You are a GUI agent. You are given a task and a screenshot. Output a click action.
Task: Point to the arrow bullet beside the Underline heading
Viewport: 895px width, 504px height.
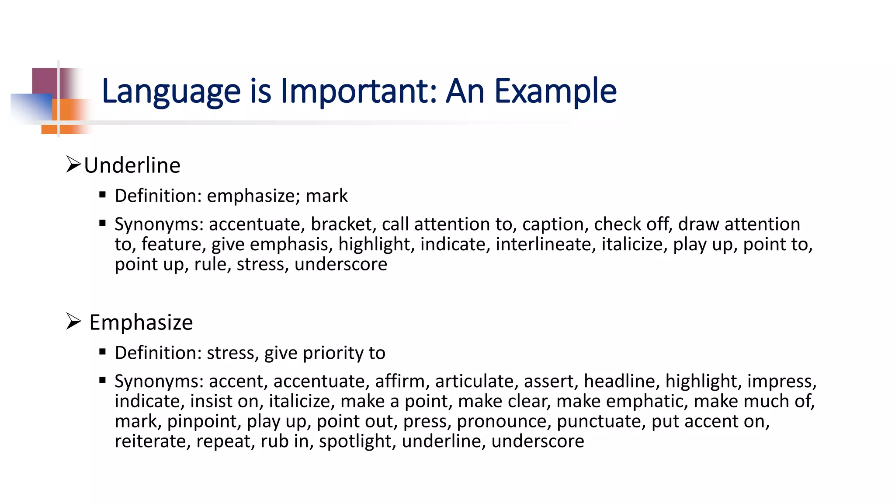(x=73, y=164)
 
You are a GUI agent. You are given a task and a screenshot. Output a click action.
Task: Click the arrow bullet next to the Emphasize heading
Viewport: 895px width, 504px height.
(x=73, y=322)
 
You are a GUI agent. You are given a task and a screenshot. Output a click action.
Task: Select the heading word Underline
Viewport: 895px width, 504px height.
(x=132, y=165)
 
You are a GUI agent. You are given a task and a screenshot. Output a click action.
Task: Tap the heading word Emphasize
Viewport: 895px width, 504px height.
(x=141, y=323)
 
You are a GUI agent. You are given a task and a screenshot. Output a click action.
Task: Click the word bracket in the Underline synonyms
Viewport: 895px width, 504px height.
(x=341, y=224)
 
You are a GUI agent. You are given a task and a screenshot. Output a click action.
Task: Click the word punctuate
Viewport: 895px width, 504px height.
(x=601, y=421)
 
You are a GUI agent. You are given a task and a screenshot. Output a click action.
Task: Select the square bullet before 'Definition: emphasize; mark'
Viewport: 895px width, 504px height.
(x=103, y=195)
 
